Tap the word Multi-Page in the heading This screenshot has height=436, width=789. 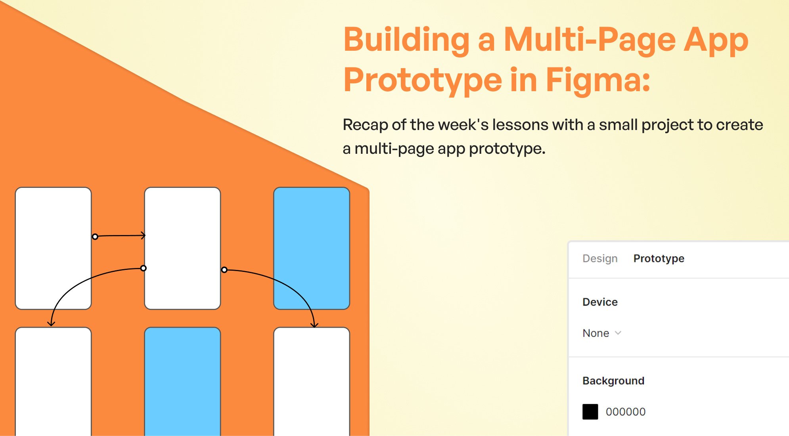(590, 40)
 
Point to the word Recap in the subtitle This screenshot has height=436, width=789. (365, 125)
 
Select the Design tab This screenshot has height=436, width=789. (600, 258)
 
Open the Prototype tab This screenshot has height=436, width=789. (659, 258)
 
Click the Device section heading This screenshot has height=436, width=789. (600, 302)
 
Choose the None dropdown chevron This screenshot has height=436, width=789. (618, 333)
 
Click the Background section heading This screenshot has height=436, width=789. (613, 381)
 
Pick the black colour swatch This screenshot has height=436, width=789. (590, 412)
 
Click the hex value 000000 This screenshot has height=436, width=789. (625, 412)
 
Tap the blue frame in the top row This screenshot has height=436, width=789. (312, 248)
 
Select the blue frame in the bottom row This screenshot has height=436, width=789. (182, 381)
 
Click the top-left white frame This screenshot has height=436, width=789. (53, 248)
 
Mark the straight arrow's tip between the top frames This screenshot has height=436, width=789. (144, 236)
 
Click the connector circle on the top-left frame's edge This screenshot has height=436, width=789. (95, 237)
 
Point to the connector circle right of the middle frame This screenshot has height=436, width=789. (224, 270)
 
